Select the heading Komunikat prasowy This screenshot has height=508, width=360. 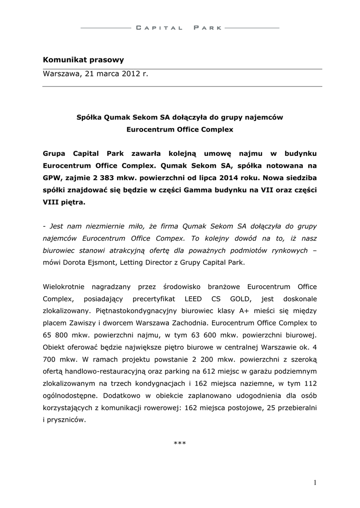pos(83,60)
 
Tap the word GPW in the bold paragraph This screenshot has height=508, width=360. pos(52,177)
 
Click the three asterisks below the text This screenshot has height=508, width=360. pos(180,443)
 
